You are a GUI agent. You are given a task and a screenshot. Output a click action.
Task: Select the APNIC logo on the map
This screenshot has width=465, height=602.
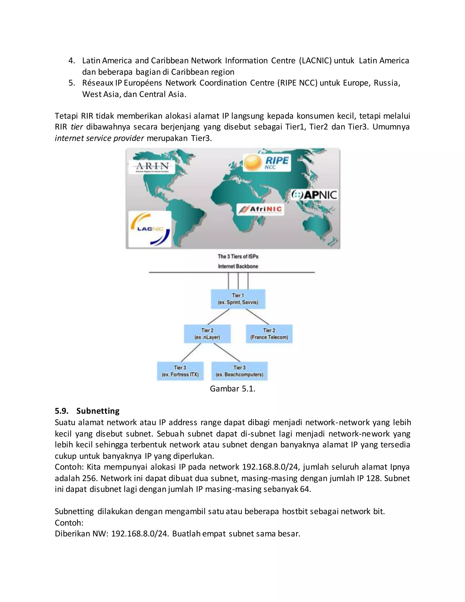[314, 195]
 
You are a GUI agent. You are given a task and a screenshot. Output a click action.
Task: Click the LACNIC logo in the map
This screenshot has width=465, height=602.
[150, 229]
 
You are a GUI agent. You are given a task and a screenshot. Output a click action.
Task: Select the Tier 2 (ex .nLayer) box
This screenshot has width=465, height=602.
[207, 334]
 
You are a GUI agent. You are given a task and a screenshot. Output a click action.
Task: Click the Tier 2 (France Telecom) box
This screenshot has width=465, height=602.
[269, 334]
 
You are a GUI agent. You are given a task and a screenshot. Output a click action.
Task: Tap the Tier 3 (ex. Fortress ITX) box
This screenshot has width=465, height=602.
[180, 371]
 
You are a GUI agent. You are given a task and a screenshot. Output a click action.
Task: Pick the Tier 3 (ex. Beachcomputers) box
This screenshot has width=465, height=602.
[239, 371]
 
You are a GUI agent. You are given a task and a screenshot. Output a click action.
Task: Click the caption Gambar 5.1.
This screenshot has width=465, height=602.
[232, 389]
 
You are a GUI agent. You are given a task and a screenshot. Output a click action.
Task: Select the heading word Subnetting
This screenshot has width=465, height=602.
[98, 411]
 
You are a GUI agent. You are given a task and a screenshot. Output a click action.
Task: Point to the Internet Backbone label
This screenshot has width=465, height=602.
[238, 266]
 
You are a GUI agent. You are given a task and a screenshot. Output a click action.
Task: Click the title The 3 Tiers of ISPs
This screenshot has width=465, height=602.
[238, 256]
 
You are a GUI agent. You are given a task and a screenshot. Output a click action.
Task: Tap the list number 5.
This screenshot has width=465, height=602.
[71, 83]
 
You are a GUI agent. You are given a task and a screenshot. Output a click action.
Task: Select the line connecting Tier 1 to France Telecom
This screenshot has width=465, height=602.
[257, 316]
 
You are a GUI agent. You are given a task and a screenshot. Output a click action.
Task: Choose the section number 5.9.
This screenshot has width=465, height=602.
[62, 411]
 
